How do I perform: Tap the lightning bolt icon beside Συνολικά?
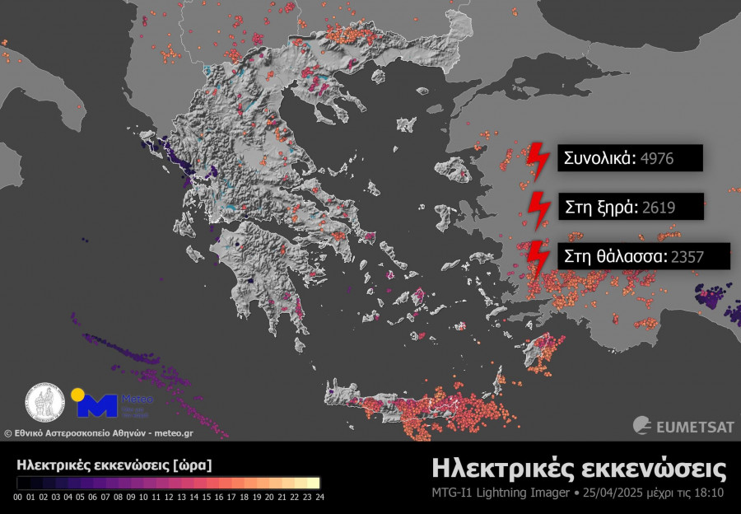point(538,160)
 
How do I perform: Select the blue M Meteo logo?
point(96,404)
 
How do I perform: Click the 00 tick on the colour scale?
point(18,497)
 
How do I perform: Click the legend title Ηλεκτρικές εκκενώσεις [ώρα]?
point(114,465)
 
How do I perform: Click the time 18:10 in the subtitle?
point(712,493)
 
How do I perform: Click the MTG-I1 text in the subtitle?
point(453,493)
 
